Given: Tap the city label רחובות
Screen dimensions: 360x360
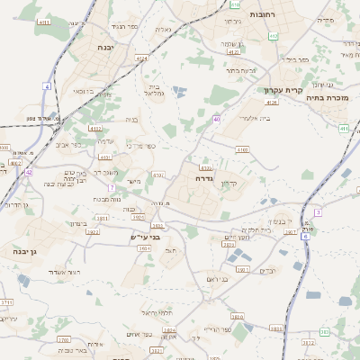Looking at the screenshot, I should pos(286,15).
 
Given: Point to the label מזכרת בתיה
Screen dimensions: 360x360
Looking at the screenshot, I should pos(327,97).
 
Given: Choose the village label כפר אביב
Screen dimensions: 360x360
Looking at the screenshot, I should pos(67,144).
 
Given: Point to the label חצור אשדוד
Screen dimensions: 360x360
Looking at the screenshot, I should pos(62,272).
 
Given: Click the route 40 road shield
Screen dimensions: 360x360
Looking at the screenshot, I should pos(217,119).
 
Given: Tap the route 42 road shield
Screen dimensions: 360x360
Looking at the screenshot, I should pos(29,171).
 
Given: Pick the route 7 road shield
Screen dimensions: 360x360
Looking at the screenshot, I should pos(112,187).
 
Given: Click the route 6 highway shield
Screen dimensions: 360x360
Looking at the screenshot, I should pos(305,236).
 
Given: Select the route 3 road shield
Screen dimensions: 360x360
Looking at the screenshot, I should pos(318,212).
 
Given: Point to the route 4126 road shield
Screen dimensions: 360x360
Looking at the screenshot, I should pos(272,103).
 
